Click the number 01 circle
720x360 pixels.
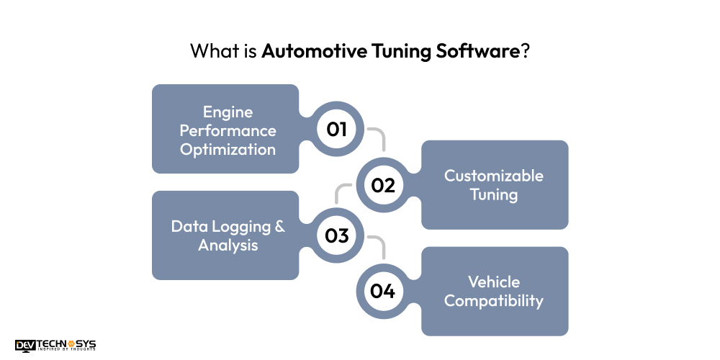pyautogui.click(x=337, y=130)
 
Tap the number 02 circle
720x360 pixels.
pyautogui.click(x=383, y=186)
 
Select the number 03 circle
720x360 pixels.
pyautogui.click(x=337, y=235)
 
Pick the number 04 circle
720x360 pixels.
pyautogui.click(x=383, y=292)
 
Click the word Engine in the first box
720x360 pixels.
pyautogui.click(x=228, y=112)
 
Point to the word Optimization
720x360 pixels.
pyautogui.click(x=228, y=150)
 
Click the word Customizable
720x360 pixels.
pyautogui.click(x=493, y=176)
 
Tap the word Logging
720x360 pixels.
pyautogui.click(x=237, y=226)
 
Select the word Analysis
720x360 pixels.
pyautogui.click(x=228, y=245)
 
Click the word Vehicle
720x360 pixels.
pyautogui.click(x=493, y=282)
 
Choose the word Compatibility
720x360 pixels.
pyautogui.click(x=493, y=300)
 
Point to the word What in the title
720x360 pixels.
pyautogui.click(x=207, y=52)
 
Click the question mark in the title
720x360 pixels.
pyautogui.click(x=526, y=52)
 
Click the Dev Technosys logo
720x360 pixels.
pyautogui.click(x=55, y=346)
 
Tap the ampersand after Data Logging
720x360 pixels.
pyautogui.click(x=279, y=226)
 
